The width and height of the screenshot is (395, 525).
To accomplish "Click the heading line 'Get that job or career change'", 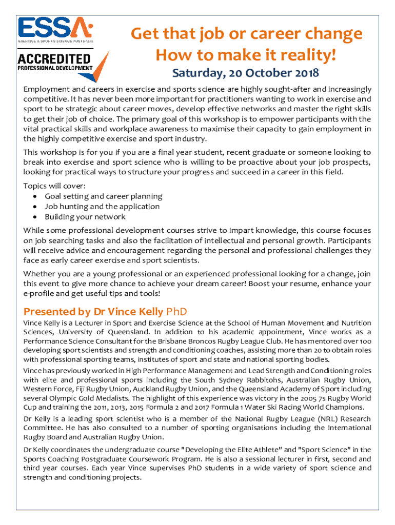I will pos(246,34).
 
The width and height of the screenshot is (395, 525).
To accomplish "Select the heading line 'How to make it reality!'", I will pos(246,54).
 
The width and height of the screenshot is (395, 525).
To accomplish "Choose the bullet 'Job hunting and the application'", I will pos(102,207).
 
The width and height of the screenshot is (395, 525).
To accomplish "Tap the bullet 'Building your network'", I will pos(85,217).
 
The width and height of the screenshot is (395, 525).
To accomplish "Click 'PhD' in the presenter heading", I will pos(176,311).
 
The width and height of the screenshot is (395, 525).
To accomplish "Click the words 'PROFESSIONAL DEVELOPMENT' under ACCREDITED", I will pos(55,68).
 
